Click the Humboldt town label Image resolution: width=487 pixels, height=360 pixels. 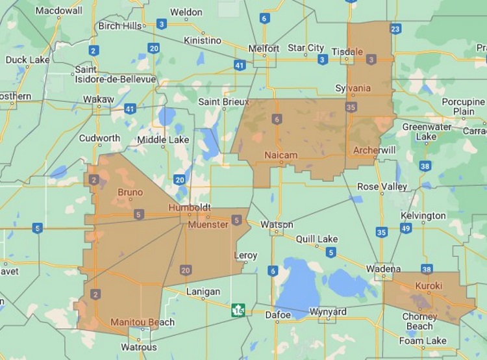coord(189,207)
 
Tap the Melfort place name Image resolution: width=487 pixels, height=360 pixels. coord(264,49)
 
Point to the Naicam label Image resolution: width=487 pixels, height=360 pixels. coord(281,155)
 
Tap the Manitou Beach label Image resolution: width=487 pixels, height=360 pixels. coord(142,322)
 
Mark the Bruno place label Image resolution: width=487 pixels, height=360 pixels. coord(131,192)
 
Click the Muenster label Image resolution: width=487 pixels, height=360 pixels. coord(208,225)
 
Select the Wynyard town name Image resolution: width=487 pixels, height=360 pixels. coord(328,312)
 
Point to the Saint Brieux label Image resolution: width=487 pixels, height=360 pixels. coord(223,102)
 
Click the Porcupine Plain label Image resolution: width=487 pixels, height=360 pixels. coord(464,107)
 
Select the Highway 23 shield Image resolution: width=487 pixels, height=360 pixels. coord(395,29)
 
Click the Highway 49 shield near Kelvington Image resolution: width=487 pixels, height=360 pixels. coord(406,228)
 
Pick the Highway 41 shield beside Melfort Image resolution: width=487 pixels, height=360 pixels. coord(240,65)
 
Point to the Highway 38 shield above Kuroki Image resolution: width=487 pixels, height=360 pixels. coord(427,269)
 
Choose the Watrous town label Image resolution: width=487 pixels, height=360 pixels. coord(139,348)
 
